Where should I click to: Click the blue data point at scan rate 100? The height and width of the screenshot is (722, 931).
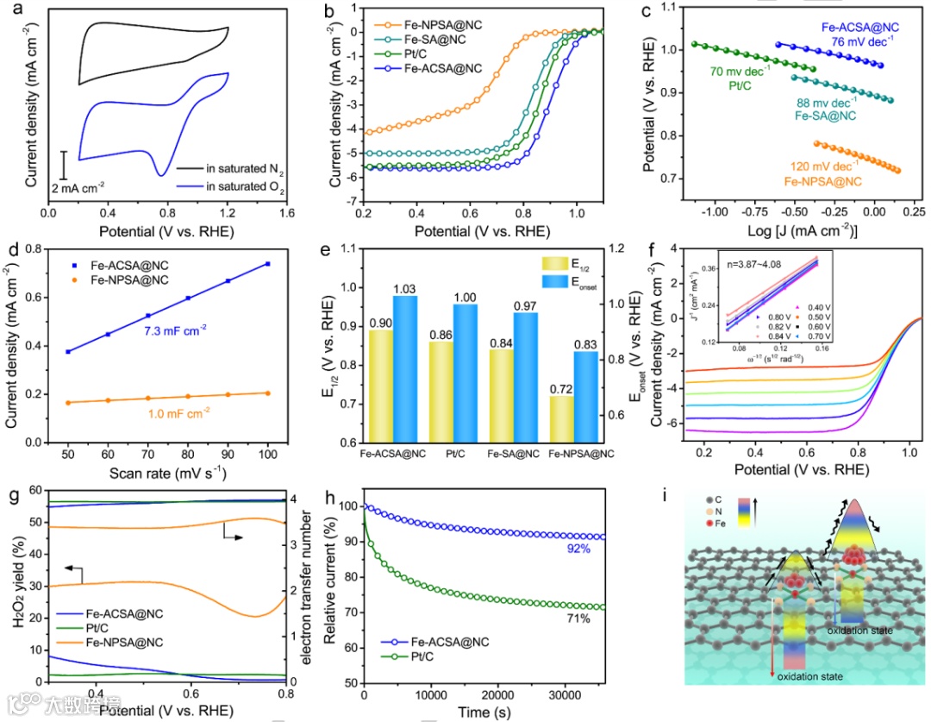pos(268,264)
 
